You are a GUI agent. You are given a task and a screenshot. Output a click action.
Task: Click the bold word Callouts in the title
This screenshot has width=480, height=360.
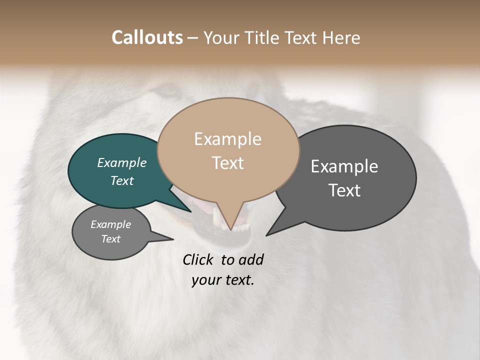tap(147, 38)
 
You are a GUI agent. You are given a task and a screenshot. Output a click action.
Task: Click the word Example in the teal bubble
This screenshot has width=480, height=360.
tap(121, 162)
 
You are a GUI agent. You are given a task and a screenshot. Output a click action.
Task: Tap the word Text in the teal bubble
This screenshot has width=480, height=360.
tap(121, 180)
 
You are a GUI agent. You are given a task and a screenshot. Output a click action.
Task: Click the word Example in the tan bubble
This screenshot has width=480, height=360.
tap(227, 139)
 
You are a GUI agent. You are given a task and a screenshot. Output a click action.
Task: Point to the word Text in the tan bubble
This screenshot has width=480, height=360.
tap(227, 163)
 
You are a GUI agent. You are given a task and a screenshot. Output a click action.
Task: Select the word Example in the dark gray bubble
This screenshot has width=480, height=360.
tap(344, 166)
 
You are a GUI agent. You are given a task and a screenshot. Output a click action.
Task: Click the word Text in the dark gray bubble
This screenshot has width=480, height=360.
tap(344, 190)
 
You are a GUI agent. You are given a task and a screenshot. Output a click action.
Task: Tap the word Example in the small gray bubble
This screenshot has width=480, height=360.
tap(110, 224)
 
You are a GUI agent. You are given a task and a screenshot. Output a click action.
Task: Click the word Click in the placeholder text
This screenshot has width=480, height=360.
tap(198, 259)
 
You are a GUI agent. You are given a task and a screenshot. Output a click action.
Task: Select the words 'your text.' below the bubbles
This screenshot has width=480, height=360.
tap(223, 280)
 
